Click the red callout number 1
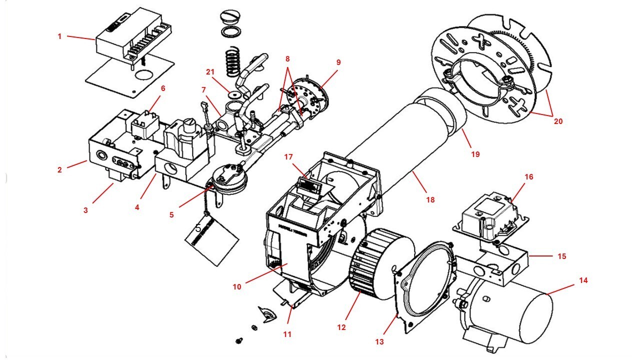click(59, 36)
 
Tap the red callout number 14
click(583, 280)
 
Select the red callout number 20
click(558, 121)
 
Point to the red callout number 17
click(288, 157)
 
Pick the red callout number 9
click(338, 62)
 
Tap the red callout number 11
click(287, 334)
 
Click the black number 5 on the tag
click(198, 228)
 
